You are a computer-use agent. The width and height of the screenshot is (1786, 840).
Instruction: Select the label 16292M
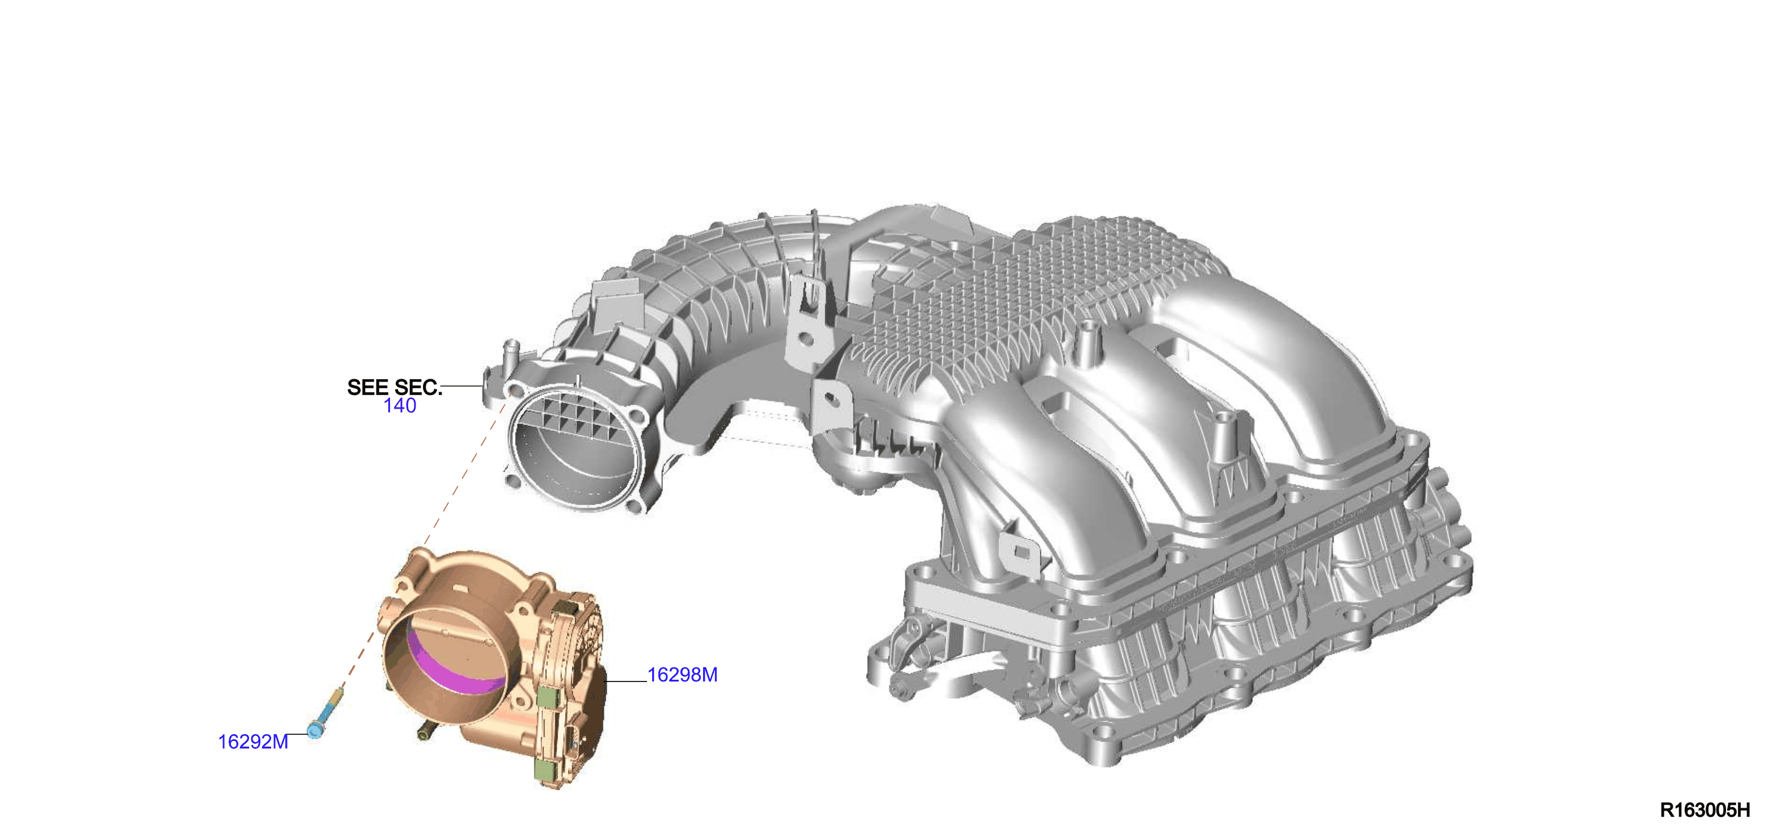click(253, 742)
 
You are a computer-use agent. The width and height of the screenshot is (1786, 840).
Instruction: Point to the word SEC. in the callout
click(418, 387)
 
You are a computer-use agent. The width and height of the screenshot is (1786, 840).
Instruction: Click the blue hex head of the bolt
click(315, 731)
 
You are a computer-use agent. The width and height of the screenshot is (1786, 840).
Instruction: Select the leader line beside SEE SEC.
click(462, 385)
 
